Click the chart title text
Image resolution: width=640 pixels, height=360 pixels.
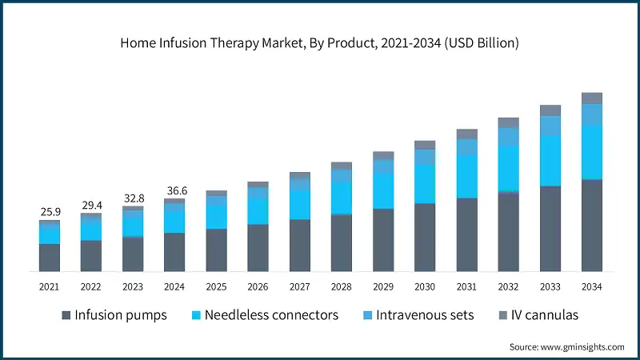point(319,43)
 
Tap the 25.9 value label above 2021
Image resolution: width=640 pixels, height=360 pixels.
point(50,212)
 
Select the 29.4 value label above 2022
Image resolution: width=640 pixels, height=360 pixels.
point(92,206)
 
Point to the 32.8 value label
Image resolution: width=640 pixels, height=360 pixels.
point(134,198)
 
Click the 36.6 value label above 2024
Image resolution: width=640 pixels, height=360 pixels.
point(175,191)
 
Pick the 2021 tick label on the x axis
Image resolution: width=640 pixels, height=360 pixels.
point(50,286)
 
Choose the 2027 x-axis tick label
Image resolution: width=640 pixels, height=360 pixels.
point(300,286)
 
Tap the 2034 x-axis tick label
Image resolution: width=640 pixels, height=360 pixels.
point(591,286)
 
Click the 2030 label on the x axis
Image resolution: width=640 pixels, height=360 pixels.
point(425,286)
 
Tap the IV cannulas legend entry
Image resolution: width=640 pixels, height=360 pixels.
point(536,314)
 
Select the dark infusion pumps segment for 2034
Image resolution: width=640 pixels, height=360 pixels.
point(591,226)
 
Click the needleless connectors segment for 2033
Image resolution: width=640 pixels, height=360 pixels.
point(550,160)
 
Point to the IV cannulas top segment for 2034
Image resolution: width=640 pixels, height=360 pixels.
point(591,98)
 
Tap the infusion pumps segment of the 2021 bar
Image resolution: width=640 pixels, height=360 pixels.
point(50,258)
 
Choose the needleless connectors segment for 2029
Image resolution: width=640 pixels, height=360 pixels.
point(383,191)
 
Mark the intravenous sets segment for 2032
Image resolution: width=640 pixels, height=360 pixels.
point(508,137)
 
